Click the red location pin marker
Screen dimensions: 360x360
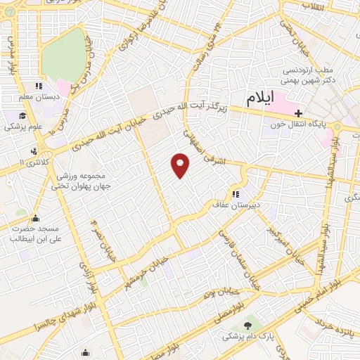point(181,165)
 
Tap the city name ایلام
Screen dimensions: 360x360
point(259,99)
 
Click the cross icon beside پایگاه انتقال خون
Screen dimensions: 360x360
point(299,112)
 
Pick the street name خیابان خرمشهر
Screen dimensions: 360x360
point(146,272)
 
